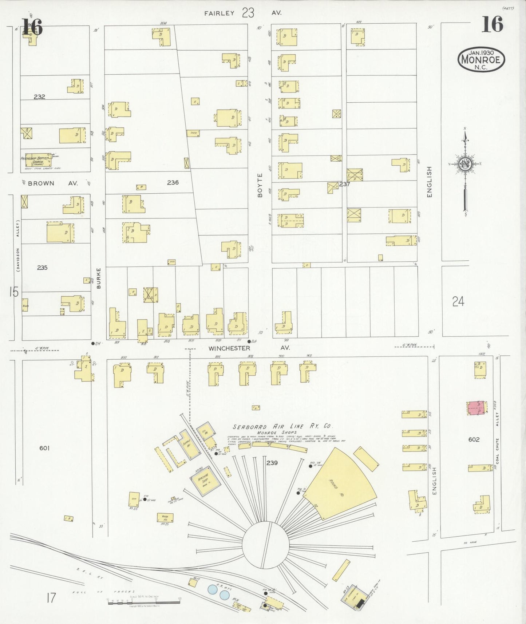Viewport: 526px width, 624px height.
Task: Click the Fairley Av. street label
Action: [242, 13]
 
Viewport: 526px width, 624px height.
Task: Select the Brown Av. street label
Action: [53, 183]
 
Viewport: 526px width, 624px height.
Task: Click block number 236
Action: [173, 182]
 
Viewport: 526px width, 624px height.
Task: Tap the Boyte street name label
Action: [260, 185]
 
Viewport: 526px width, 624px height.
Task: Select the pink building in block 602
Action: [476, 408]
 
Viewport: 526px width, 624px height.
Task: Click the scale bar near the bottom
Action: [144, 603]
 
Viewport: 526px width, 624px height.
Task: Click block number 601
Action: [44, 448]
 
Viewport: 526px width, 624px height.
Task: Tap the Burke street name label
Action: [99, 279]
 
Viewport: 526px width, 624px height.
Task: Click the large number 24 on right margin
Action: [458, 301]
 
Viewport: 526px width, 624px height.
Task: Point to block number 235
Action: [42, 268]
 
